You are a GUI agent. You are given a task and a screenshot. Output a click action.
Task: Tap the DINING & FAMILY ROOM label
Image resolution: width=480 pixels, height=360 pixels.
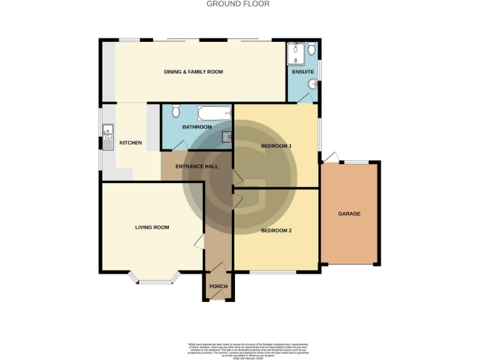coord(193,72)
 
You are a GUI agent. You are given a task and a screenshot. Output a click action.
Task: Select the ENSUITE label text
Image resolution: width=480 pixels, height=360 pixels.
coord(302,72)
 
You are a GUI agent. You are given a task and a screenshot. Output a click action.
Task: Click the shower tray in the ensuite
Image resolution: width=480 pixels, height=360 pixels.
coord(294,54)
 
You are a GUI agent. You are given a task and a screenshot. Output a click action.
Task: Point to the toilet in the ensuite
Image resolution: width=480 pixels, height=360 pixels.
coord(311,49)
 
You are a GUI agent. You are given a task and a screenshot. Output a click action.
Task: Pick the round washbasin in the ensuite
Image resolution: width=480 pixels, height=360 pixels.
coord(312,85)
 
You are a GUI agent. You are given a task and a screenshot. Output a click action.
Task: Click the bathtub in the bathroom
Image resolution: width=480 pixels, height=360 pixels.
coord(214,114)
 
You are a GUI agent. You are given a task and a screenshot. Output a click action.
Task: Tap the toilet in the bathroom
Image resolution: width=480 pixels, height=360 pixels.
coord(176,111)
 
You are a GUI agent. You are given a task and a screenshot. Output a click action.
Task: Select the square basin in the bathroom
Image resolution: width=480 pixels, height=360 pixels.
coord(227,136)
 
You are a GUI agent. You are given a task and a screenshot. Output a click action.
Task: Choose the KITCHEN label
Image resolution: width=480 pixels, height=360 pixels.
coord(131,142)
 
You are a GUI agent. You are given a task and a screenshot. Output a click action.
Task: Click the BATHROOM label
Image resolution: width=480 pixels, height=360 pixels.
coord(197,127)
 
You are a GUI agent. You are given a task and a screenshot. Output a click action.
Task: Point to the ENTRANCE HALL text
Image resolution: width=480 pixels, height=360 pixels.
coord(196,167)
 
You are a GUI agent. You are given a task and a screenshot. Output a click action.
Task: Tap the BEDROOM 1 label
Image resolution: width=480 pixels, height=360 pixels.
coord(276,146)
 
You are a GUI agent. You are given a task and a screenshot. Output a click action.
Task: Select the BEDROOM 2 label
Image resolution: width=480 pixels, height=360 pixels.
coord(276,231)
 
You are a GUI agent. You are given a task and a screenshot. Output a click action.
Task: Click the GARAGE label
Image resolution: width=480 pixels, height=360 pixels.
coord(349,214)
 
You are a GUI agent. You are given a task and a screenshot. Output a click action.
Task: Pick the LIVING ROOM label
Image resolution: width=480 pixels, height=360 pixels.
coord(152,227)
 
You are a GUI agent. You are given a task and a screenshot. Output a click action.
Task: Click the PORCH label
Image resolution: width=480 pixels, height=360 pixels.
coord(218,286)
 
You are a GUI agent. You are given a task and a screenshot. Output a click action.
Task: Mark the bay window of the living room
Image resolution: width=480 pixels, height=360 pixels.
coord(154,280)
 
